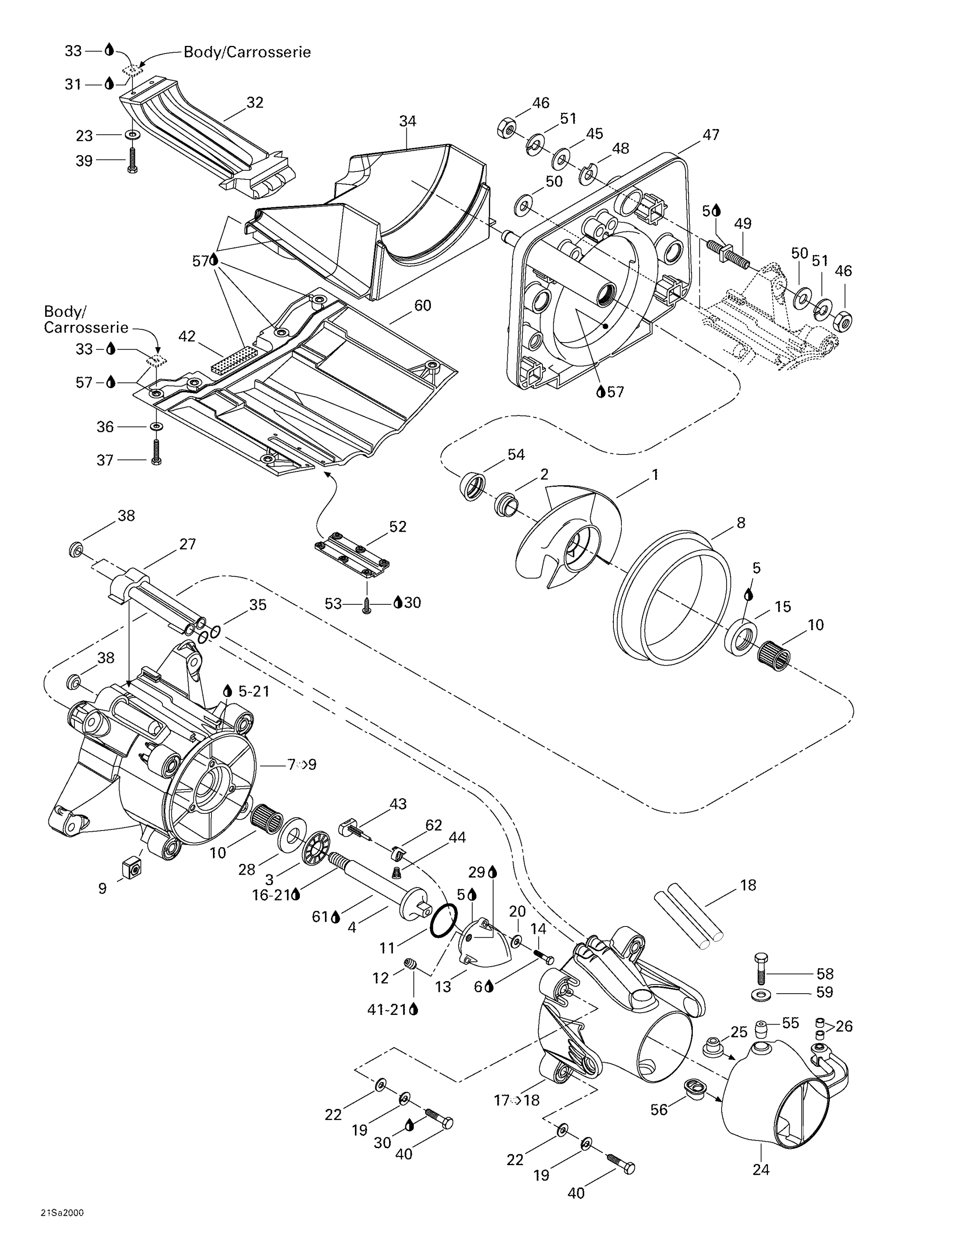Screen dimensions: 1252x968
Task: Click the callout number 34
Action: pos(407,121)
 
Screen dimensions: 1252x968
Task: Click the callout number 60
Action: pos(423,305)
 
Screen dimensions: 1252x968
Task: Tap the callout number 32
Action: pos(255,102)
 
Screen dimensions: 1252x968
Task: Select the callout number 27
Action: pos(188,544)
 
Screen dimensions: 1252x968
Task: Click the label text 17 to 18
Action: pos(516,1100)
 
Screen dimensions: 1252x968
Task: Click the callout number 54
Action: pos(516,454)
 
